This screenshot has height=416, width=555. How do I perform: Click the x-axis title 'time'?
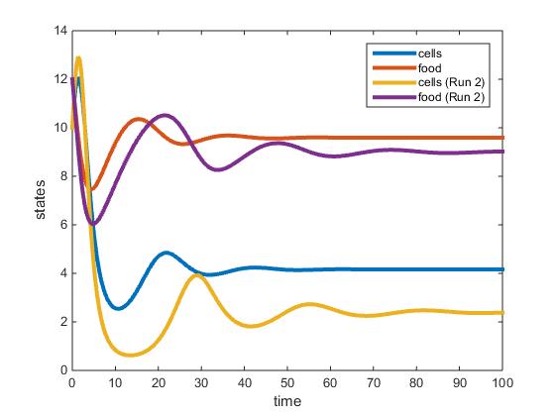click(x=287, y=401)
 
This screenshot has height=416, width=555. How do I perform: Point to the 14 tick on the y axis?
click(x=60, y=32)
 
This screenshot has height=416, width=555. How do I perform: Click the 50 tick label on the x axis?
click(x=287, y=381)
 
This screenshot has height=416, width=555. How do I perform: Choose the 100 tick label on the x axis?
click(x=502, y=381)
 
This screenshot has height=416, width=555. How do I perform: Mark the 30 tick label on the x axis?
click(x=201, y=381)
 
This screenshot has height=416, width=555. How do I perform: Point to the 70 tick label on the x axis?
click(x=374, y=381)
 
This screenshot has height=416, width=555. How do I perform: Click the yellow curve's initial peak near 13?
click(x=78, y=57)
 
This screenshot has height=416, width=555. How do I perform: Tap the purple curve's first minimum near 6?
click(x=93, y=224)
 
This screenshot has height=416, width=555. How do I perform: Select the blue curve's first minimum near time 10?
click(x=117, y=308)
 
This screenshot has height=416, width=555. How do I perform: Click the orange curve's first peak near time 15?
click(x=138, y=119)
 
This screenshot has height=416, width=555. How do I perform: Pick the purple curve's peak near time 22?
click(x=165, y=116)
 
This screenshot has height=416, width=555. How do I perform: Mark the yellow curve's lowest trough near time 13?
click(x=130, y=355)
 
